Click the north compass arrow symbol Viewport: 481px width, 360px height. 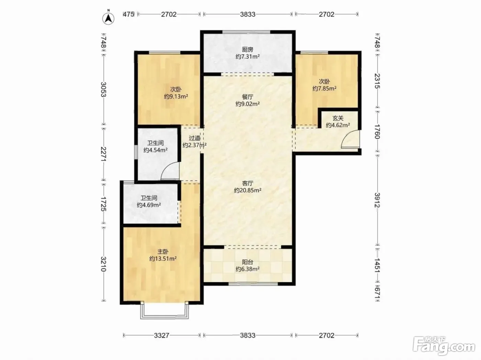tap(108, 19)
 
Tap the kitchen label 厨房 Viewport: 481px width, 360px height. tap(247, 50)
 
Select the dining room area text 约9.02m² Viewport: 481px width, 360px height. tap(248, 104)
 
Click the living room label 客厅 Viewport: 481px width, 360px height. tap(248, 183)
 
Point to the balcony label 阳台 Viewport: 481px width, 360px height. tap(248, 262)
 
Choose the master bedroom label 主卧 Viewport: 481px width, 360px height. tap(163, 252)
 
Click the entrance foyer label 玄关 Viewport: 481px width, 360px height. tap(338, 118)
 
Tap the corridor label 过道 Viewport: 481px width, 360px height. tap(194, 138)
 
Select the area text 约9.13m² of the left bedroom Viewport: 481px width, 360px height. tap(176, 97)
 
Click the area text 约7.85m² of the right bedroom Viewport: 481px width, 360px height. tap(324, 89)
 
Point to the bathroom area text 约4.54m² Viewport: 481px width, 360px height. tap(155, 150)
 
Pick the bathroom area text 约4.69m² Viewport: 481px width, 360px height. tap(149, 205)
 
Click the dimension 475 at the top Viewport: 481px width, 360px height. tap(128, 14)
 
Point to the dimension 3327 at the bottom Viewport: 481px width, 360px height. tap(161, 336)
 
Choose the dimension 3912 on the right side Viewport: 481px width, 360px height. tap(377, 200)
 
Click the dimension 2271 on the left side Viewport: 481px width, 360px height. tap(103, 154)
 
